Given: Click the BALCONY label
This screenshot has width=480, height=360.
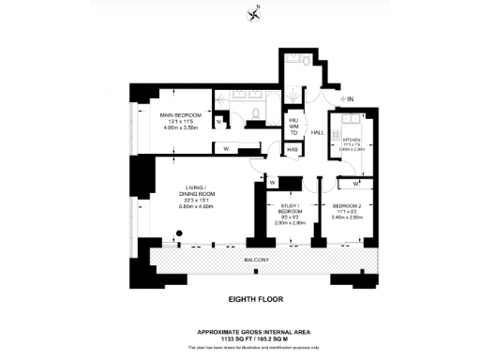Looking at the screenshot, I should coord(257,259).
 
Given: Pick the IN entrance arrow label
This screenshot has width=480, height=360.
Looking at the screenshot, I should coord(348,98).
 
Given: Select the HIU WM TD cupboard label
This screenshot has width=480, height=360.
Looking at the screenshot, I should coord(293,127).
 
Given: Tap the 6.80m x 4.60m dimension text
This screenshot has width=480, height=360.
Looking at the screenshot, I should coord(196,206).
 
